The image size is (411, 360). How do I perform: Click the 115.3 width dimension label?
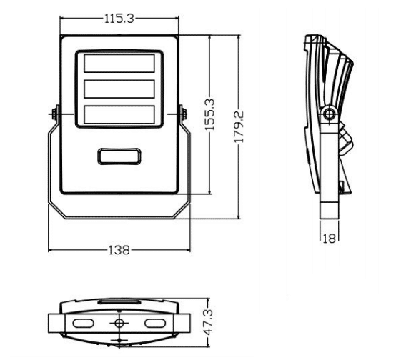pyautogui.click(x=119, y=19)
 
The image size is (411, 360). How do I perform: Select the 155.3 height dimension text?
pyautogui.click(x=209, y=114)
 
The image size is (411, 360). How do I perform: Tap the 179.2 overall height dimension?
pyautogui.click(x=239, y=127)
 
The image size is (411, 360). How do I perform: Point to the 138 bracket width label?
pyautogui.click(x=119, y=250)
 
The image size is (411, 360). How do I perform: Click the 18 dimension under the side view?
pyautogui.click(x=329, y=239)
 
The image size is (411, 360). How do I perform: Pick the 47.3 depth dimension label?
pyautogui.click(x=209, y=322)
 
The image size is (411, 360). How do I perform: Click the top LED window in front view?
pyautogui.click(x=119, y=63)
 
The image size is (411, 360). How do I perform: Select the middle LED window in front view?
pyautogui.click(x=119, y=89)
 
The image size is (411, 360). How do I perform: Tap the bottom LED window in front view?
pyautogui.click(x=119, y=114)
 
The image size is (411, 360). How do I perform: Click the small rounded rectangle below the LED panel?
pyautogui.click(x=119, y=156)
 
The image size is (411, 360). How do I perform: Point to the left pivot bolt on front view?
pyautogui.click(x=55, y=114)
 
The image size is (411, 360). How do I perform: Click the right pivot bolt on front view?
pyautogui.click(x=183, y=114)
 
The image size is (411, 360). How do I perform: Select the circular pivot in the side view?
pyautogui.click(x=329, y=114)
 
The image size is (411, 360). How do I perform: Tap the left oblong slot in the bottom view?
pyautogui.click(x=84, y=323)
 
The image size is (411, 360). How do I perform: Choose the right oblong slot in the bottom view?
pyautogui.click(x=155, y=323)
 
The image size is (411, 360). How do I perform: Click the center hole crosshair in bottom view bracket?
pyautogui.click(x=119, y=323)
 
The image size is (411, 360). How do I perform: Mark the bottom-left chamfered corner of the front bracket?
pyautogui.click(x=56, y=210)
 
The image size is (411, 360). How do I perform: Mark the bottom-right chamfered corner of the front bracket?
pyautogui.click(x=182, y=210)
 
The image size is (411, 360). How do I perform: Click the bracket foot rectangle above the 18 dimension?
pyautogui.click(x=330, y=210)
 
